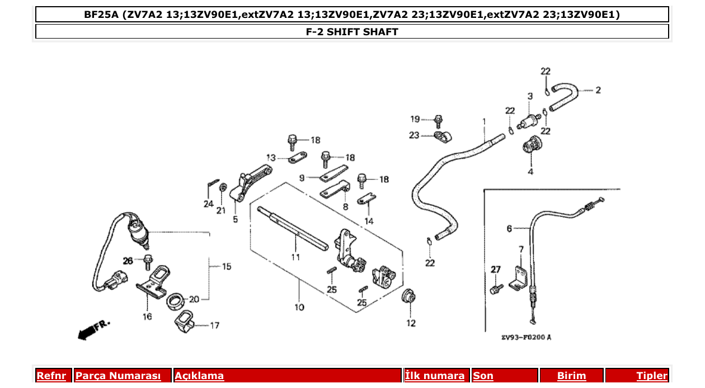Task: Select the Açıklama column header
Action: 199,376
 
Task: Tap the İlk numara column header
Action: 434,376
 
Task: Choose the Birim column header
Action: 571,376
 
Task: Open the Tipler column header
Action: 651,376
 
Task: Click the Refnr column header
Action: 51,376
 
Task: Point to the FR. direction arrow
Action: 92,330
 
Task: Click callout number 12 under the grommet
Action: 411,323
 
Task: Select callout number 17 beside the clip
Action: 214,325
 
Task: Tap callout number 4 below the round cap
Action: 530,172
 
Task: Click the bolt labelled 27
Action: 495,288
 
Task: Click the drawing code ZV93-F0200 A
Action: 526,337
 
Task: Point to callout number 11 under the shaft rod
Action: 295,257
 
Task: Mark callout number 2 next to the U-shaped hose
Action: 598,90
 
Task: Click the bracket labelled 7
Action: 519,276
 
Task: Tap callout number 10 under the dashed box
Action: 299,307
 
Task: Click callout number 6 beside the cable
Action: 509,228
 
